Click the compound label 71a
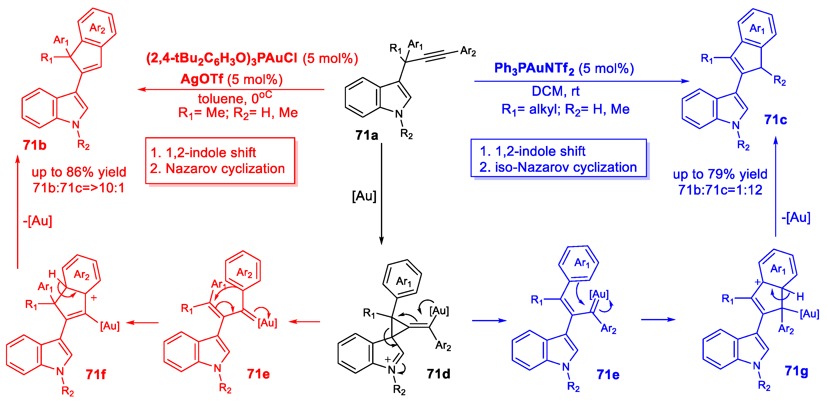tap(366, 135)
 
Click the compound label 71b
tap(34, 145)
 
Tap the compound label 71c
tap(776, 120)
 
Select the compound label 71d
tap(438, 374)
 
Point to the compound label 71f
tap(96, 374)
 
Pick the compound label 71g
tap(796, 371)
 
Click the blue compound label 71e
tap(608, 374)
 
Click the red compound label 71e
tap(258, 374)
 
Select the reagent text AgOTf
tap(202, 79)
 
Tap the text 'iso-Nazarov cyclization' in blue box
tap(566, 168)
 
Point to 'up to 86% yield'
tap(79, 172)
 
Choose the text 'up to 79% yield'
tap(720, 174)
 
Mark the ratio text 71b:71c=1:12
tap(720, 190)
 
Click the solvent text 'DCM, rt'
tap(556, 91)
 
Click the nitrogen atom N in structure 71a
tap(399, 114)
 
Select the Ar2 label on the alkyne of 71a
tap(468, 51)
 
